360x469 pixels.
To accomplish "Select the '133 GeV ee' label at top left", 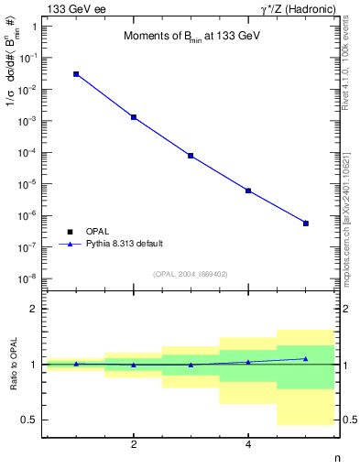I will click(x=74, y=8).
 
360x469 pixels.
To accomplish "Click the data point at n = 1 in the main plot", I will click(x=76, y=74).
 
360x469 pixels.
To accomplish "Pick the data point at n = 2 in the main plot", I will click(x=134, y=117).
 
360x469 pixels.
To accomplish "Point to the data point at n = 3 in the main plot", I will click(x=191, y=156).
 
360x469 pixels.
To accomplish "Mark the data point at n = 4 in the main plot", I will click(x=248, y=191).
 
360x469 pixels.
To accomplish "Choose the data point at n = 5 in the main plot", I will click(x=306, y=224).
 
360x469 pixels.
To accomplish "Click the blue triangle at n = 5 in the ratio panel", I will click(x=306, y=358).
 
